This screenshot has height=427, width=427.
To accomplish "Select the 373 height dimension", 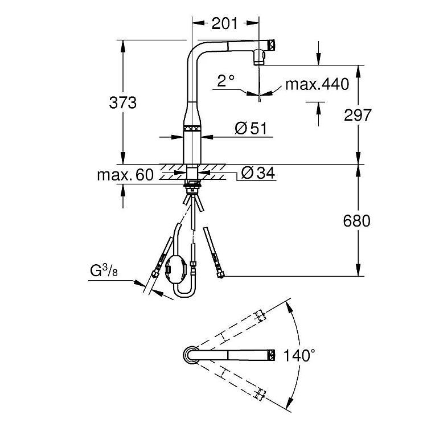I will [123, 103].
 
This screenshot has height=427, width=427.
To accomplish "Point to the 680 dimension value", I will [358, 220].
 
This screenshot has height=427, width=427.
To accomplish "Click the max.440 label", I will [317, 85].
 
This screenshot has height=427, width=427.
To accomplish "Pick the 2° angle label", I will [226, 81].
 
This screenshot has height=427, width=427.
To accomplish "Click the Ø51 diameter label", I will [251, 129].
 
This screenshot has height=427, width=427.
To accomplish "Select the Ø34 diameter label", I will [258, 173].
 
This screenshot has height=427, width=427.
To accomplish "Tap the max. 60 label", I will [125, 175].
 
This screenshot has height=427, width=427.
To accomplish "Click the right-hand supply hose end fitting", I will [219, 274].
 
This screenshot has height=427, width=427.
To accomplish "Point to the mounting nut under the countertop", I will [192, 186].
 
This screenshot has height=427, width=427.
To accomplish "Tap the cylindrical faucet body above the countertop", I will [191, 148].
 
